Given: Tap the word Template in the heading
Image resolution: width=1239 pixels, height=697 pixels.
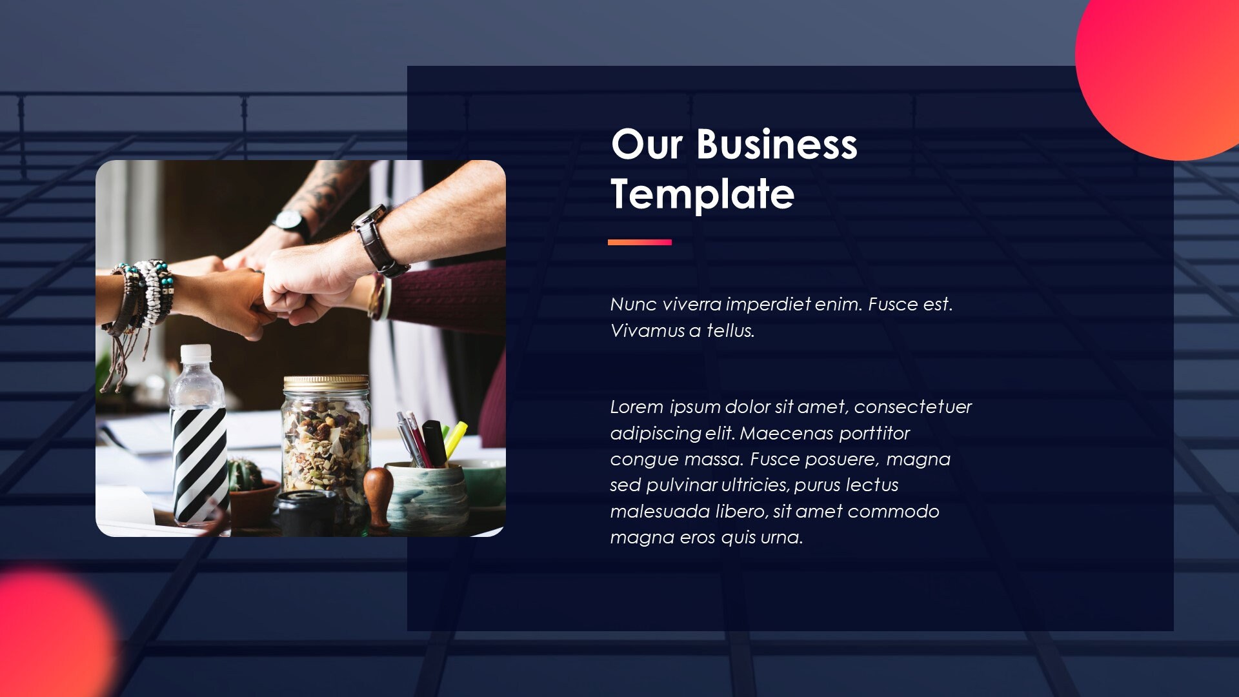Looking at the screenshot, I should [x=702, y=194].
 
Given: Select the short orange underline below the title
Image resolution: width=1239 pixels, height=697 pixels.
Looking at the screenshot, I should [x=640, y=243].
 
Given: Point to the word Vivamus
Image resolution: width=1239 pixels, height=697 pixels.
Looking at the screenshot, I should [x=647, y=330].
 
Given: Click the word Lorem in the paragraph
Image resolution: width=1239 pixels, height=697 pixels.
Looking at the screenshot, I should [x=636, y=407].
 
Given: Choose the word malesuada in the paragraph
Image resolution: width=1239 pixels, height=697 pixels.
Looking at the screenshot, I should [x=660, y=511].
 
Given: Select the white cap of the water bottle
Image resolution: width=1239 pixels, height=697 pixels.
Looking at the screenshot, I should [x=196, y=353].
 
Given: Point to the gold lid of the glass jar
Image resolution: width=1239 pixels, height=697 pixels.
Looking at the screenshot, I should [x=326, y=382].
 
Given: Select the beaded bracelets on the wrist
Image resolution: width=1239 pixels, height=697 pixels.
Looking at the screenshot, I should [x=147, y=294].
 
